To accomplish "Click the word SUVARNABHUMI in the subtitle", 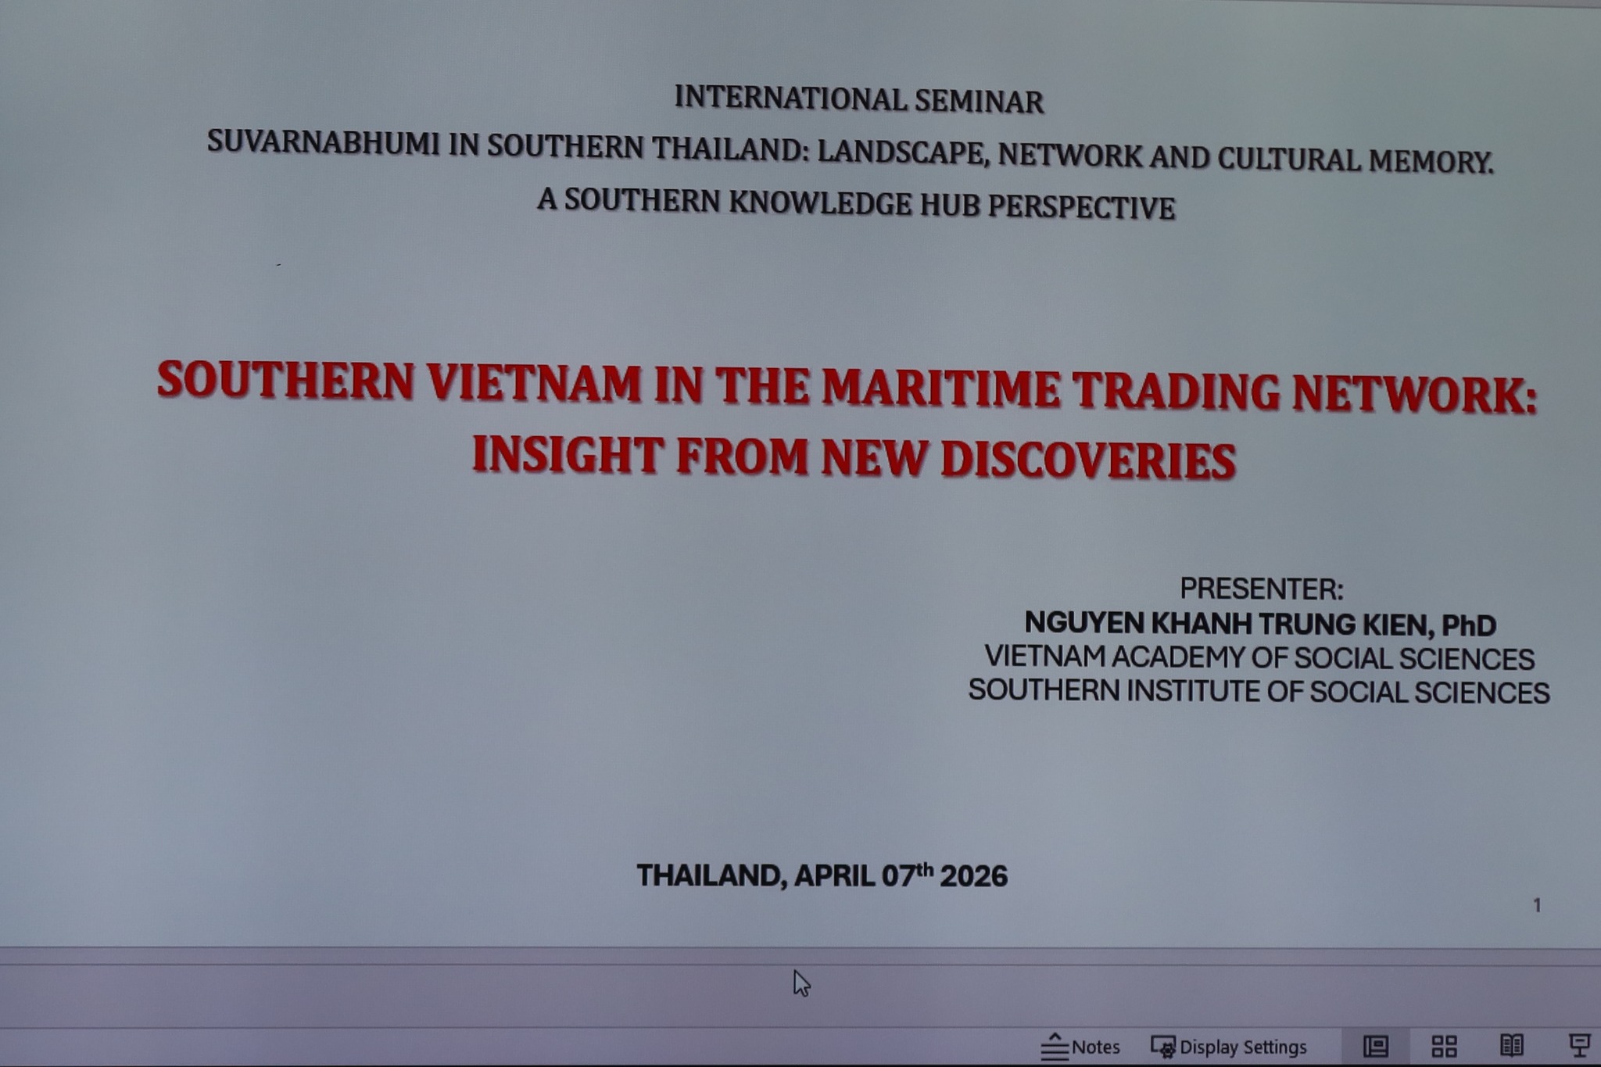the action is [x=323, y=143].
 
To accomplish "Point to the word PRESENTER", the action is [x=1258, y=589].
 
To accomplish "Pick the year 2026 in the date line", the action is [x=973, y=876].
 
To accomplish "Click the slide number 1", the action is [x=1537, y=905].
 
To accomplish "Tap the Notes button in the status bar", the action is [x=1080, y=1047].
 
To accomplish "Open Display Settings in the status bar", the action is [x=1229, y=1047].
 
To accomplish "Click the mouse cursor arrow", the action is [x=800, y=983].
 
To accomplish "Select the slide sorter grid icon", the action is [x=1444, y=1046].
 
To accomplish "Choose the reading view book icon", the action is [x=1511, y=1045].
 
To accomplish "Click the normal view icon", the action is [x=1376, y=1046].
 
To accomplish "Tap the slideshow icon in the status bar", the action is [x=1580, y=1045].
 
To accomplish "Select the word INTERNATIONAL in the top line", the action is [x=789, y=98].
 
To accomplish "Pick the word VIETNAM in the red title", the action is [x=534, y=382].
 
